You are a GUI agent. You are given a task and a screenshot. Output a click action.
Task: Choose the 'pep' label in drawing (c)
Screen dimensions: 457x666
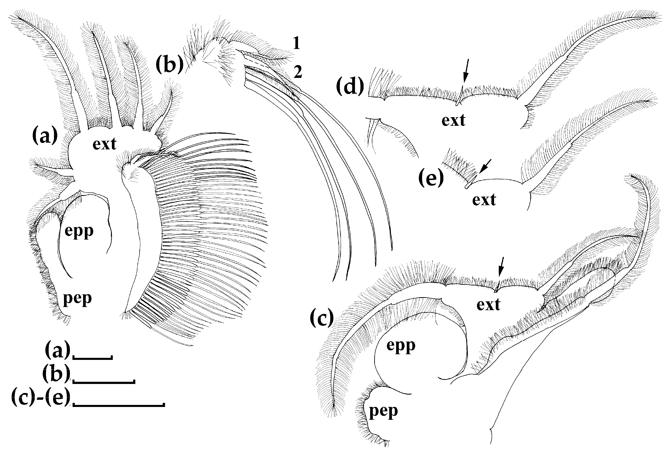point(383,412)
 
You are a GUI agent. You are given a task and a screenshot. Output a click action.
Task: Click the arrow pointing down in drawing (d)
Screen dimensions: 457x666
point(466,70)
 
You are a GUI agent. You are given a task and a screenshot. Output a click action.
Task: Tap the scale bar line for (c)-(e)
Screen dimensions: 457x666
point(119,405)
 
